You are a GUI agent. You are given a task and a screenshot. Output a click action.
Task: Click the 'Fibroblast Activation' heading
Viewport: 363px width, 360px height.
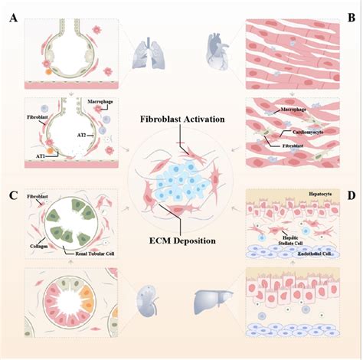coord(181,120)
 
